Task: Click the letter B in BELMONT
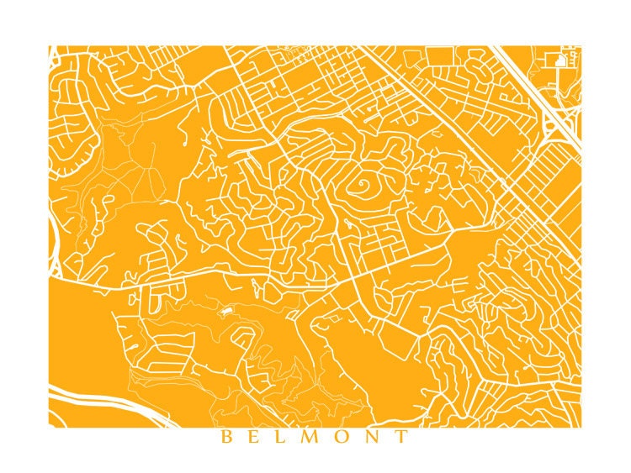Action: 227,438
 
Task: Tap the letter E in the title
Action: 256,438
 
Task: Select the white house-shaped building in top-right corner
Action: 562,60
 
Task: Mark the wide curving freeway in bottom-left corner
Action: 93,400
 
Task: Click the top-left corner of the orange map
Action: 50,46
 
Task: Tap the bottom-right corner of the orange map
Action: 581,427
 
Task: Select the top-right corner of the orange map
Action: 581,46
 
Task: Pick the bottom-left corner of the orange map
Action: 50,427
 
